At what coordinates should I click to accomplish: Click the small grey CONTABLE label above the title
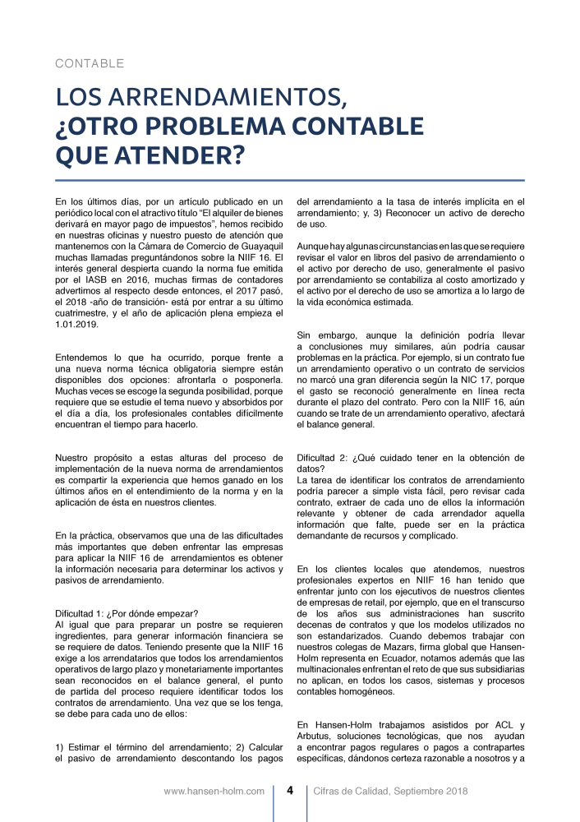point(90,63)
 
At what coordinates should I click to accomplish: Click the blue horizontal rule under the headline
point(289,180)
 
